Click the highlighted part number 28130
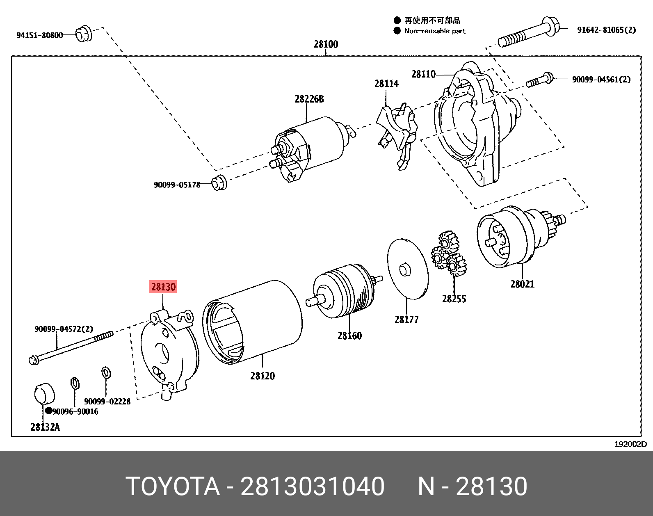point(163,287)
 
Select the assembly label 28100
point(326,44)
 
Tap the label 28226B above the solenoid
point(309,99)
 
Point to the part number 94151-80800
point(39,35)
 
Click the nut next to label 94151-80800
point(84,34)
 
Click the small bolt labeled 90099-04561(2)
point(539,80)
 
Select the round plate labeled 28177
point(407,269)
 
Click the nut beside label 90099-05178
point(219,182)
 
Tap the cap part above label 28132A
point(43,393)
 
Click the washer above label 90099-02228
point(106,373)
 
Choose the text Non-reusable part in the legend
point(434,31)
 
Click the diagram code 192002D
point(630,444)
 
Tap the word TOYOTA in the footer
point(173,487)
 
